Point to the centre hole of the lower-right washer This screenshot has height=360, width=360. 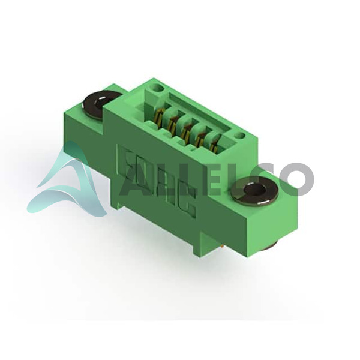point(255,189)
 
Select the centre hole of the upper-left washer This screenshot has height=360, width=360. point(101,102)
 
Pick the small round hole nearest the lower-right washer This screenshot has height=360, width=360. point(239,136)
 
